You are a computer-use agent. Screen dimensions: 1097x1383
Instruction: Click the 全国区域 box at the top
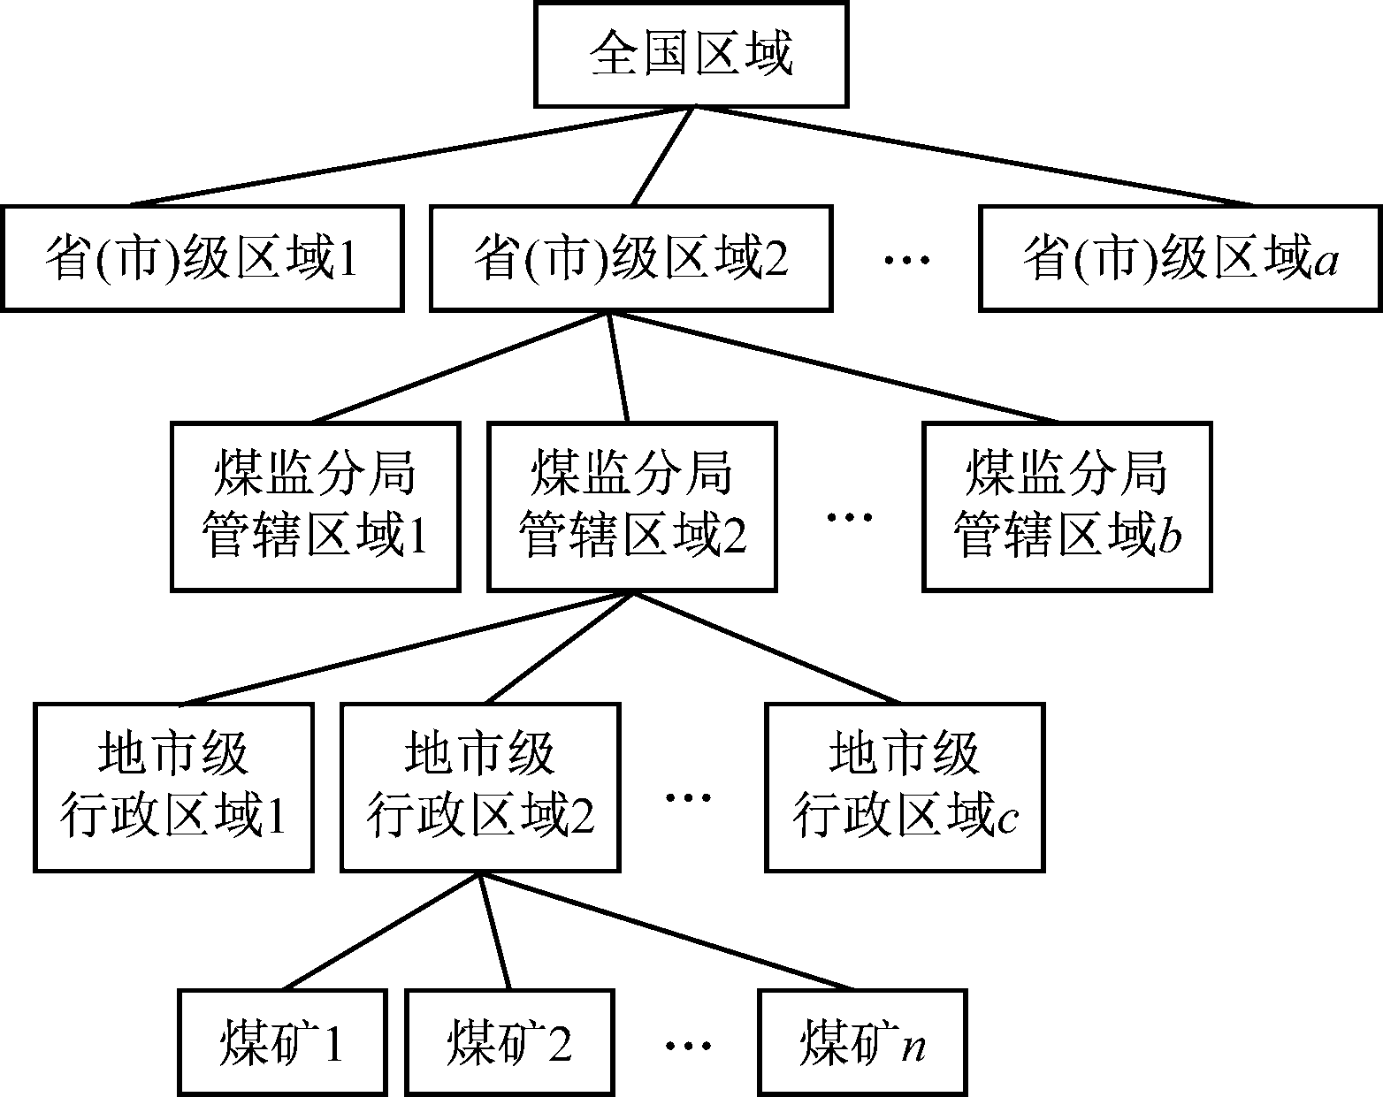(x=691, y=55)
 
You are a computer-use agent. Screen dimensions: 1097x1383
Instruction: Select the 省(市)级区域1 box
(x=202, y=258)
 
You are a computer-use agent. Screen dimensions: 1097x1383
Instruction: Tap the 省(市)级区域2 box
(x=630, y=258)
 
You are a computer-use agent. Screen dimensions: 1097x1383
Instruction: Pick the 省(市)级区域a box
(x=1180, y=258)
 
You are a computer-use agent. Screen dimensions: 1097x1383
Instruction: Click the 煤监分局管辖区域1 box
(x=316, y=507)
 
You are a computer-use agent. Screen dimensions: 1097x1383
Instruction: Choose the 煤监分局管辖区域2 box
(x=632, y=507)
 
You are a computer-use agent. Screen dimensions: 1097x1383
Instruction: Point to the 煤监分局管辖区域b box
(x=1066, y=507)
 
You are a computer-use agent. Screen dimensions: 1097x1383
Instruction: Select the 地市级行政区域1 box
(x=174, y=787)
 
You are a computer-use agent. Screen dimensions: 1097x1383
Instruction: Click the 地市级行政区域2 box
(x=480, y=787)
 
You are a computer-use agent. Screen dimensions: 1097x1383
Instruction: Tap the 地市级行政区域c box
(x=905, y=787)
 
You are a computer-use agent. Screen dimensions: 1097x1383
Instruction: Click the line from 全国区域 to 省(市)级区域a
(x=973, y=156)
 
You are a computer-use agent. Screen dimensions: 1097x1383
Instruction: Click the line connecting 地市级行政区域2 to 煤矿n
(x=668, y=930)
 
